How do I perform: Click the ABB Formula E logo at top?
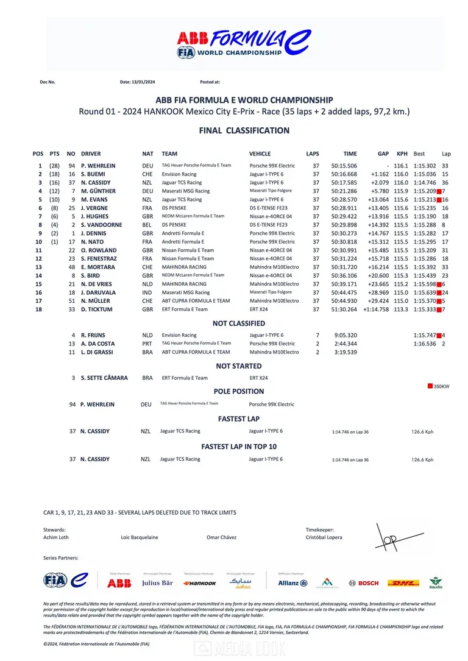click(x=243, y=43)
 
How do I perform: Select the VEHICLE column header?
click(x=260, y=154)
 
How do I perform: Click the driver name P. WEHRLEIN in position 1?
click(x=98, y=166)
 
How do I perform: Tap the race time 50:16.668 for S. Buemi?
click(x=344, y=174)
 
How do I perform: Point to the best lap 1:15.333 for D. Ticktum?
click(x=425, y=309)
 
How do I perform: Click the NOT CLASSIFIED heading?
click(x=238, y=323)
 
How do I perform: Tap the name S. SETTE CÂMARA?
click(x=104, y=378)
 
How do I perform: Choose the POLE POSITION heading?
click(x=239, y=392)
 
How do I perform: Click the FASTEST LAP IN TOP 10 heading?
click(x=239, y=447)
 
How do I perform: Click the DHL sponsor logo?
click(x=403, y=583)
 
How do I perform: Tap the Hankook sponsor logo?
click(x=199, y=583)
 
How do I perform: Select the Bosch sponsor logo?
click(x=364, y=583)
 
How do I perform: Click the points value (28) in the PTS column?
click(x=54, y=166)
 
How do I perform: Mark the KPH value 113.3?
click(x=401, y=309)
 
